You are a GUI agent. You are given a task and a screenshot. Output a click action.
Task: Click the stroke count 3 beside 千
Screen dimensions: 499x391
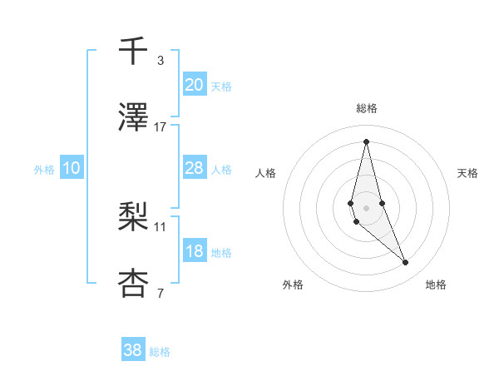coord(160,61)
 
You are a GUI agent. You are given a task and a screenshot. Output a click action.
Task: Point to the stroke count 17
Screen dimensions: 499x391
coord(161,126)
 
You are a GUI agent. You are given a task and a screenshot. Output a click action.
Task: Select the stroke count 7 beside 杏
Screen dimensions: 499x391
coord(160,292)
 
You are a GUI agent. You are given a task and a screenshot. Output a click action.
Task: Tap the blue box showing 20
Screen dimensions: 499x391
coord(194,85)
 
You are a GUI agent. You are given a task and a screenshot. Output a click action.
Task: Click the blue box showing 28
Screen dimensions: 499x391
coord(194,168)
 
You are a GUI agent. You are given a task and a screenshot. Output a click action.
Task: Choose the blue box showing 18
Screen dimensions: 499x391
coord(194,251)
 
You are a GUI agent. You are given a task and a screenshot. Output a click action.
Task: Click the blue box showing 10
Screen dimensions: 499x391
coord(72,168)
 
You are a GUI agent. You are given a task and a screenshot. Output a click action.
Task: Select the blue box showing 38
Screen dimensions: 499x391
coord(133,350)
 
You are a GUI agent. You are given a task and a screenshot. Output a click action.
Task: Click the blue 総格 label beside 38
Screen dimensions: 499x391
coord(160,352)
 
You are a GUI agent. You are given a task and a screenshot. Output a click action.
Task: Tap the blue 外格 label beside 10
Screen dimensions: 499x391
coord(44,170)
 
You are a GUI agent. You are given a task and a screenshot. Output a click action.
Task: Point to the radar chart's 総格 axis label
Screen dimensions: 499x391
coord(366,108)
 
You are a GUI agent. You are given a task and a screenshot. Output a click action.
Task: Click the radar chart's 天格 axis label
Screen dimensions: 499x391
coord(468,173)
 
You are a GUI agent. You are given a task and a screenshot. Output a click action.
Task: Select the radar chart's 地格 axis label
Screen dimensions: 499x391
coord(436,285)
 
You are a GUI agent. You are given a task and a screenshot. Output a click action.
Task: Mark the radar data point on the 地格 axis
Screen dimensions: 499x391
coord(406,263)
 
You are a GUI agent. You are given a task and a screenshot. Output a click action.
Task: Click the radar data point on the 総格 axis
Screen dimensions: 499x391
coord(366,141)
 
